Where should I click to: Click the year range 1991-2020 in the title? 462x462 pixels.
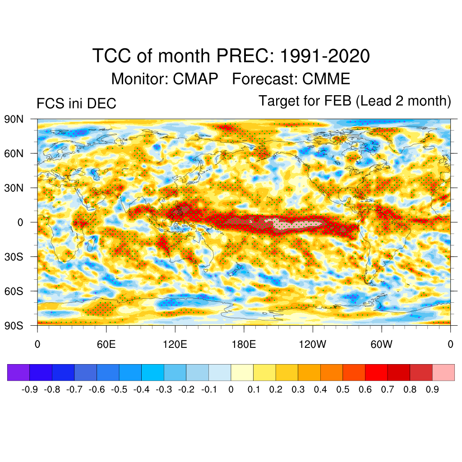(x=325, y=56)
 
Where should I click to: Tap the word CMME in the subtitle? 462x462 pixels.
(x=326, y=79)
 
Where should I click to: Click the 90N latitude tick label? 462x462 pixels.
(x=14, y=119)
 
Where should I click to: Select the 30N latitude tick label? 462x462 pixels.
(x=14, y=188)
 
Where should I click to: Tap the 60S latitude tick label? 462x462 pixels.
(x=14, y=291)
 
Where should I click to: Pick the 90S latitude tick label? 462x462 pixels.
(x=14, y=325)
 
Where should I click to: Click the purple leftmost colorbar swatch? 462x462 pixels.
(x=18, y=372)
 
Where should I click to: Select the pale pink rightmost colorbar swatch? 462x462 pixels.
(x=443, y=372)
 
